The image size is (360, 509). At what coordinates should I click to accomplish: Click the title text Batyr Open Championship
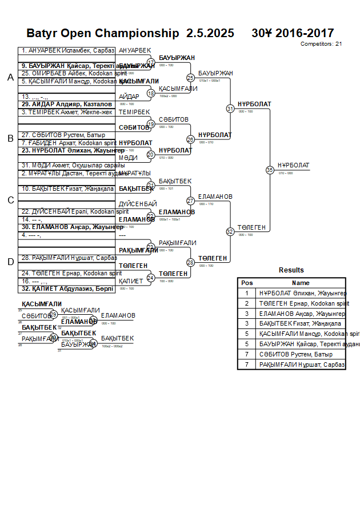(x=103, y=33)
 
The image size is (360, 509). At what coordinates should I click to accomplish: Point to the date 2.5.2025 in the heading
(x=210, y=33)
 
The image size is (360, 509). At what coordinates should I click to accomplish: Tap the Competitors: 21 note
(x=321, y=43)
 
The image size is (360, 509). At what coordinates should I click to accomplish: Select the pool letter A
(x=10, y=78)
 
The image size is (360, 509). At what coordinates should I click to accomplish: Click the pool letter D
(x=10, y=262)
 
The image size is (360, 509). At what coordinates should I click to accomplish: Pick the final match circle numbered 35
(x=270, y=170)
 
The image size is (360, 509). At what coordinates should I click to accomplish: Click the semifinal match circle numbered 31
(x=230, y=108)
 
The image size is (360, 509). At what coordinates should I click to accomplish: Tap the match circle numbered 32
(x=230, y=231)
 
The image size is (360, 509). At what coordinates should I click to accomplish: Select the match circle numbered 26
(x=191, y=139)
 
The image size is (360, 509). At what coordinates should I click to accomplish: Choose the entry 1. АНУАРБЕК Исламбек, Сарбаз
(x=67, y=51)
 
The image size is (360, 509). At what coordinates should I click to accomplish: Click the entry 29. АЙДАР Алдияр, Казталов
(x=67, y=104)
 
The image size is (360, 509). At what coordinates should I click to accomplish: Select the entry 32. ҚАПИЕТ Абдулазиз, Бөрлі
(x=67, y=288)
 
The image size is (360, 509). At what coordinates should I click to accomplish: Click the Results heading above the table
(x=291, y=270)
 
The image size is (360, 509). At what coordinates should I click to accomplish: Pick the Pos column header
(x=247, y=283)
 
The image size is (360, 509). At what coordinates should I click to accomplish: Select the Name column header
(x=301, y=283)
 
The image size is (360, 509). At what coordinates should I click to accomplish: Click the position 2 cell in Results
(x=247, y=303)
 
